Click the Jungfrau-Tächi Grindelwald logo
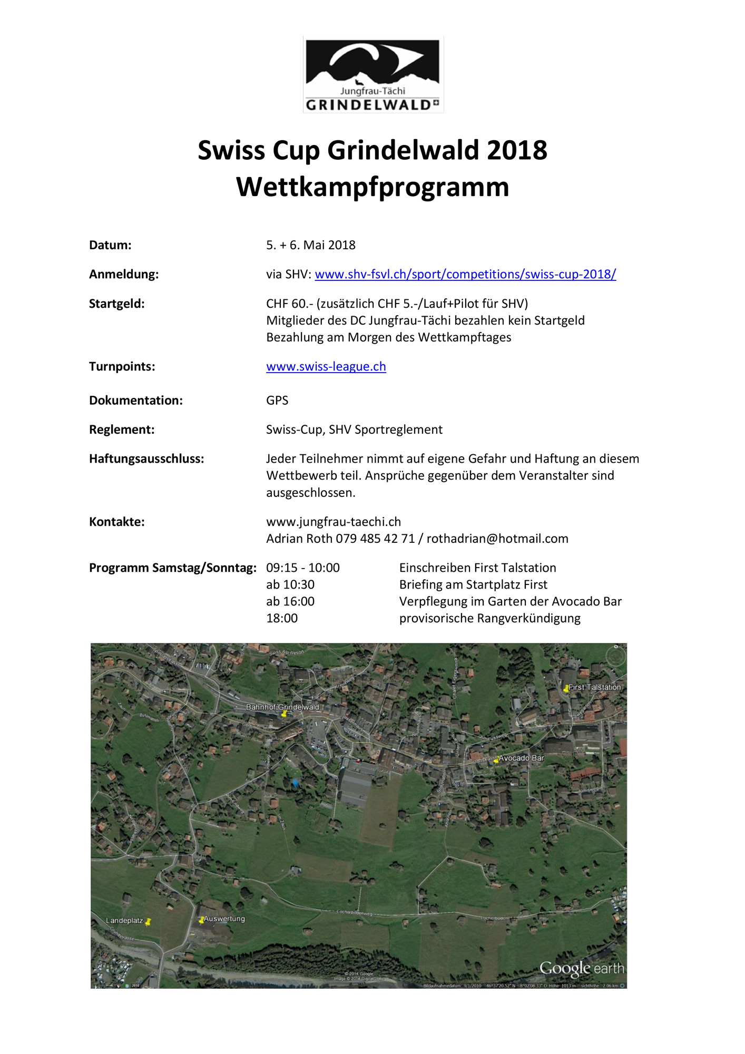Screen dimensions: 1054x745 (373, 74)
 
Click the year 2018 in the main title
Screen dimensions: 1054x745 (517, 151)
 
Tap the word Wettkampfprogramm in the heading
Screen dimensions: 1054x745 (372, 187)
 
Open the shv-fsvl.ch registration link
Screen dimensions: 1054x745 (465, 275)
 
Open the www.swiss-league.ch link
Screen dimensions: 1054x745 (326, 367)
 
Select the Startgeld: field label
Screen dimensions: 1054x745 (116, 304)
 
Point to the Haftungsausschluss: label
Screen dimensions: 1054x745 (146, 459)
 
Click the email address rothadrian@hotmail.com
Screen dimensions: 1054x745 (497, 539)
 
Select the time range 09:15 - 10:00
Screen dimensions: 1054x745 (302, 568)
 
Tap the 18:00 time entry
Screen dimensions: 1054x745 (282, 618)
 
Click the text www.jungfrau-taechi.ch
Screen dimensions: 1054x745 (333, 522)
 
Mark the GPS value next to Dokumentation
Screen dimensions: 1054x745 (277, 401)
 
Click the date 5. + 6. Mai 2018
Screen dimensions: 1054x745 (310, 245)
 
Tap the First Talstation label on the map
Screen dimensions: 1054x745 (594, 687)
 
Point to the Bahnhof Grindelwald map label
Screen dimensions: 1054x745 (282, 707)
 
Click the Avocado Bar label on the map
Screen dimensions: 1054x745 (521, 758)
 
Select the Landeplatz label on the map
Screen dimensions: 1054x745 (124, 921)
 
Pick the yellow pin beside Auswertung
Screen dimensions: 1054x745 (201, 920)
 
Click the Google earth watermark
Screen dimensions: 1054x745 (581, 968)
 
